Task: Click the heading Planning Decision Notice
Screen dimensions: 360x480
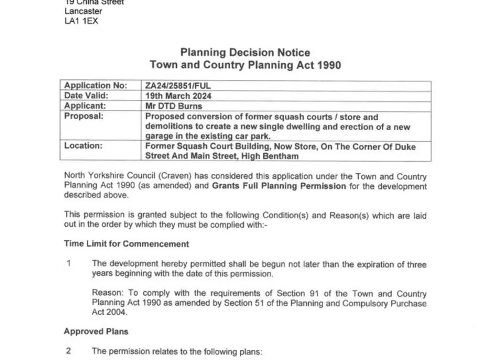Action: [x=245, y=52]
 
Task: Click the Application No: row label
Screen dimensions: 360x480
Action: [x=95, y=86]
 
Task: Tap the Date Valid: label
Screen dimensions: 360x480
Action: [x=86, y=96]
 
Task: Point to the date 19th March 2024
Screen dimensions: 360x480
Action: [x=178, y=96]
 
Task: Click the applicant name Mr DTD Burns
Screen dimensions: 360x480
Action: [x=171, y=106]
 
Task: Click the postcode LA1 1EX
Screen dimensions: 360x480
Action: [x=81, y=21]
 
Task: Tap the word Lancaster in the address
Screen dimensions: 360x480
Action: [x=83, y=11]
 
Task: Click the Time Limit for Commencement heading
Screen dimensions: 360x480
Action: [x=126, y=244]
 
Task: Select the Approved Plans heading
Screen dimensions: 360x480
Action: [x=96, y=331]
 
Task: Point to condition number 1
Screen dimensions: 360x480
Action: [x=69, y=264]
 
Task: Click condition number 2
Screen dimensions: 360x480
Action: [x=69, y=351]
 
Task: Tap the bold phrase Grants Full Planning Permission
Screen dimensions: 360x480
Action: [x=279, y=186]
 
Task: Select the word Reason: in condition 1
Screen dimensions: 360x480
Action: [x=108, y=294]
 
